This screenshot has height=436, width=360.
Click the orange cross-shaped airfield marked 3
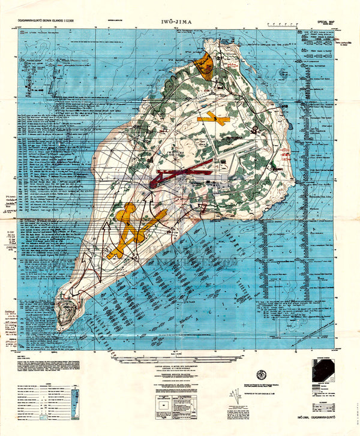tap(213, 119)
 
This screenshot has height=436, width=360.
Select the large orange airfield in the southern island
tap(132, 231)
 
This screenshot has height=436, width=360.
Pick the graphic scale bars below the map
tap(180, 357)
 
